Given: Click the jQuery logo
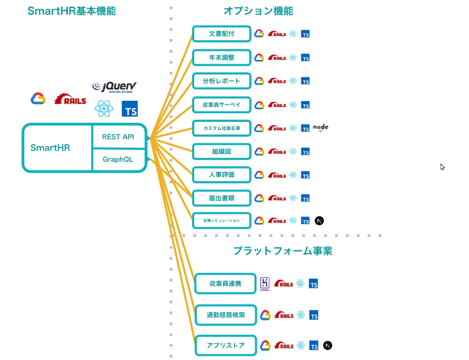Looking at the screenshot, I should coord(114,87).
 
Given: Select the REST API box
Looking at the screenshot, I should coord(118,136).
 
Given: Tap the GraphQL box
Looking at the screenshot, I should coord(118,159).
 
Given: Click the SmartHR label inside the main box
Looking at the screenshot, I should coord(50,148).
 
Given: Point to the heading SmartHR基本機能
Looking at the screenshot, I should coord(72,11).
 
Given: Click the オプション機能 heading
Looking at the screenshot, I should coord(258,11).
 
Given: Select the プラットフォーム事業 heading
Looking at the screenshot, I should coord(283,251).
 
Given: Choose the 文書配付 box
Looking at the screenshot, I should coord(222,34).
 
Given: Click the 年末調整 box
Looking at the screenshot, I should coord(222,58).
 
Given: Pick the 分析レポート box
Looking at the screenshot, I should coord(222,81).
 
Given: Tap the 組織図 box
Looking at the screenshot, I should coord(222,151).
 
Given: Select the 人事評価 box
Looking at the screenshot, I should coord(222,175).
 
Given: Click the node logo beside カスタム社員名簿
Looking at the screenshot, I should coord(321,128).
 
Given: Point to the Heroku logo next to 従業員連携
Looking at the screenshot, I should coord(265,284).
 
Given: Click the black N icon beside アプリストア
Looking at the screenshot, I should coord(327,345).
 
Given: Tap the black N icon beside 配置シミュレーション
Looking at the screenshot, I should coord(319,221).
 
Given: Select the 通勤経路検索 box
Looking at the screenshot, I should coord(225,315).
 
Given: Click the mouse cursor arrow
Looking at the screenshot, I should coord(442,167).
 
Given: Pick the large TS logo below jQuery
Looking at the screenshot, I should coord(130,109).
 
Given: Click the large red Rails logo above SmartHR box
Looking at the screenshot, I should coord(70,99).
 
